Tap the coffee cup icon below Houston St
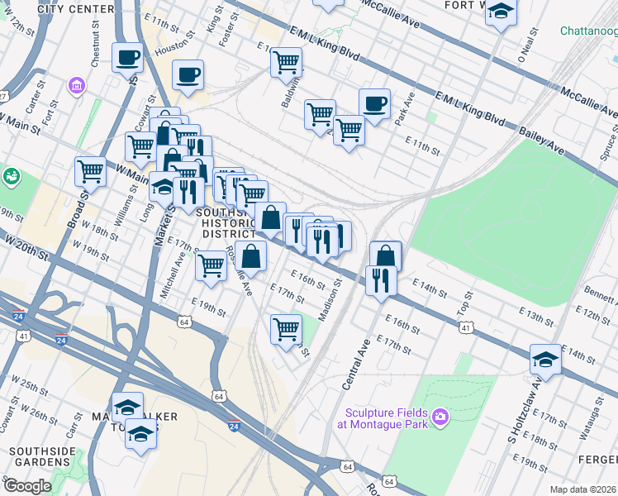(188, 75)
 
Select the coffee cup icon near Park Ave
(374, 104)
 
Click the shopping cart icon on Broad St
(90, 172)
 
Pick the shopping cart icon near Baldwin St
(286, 62)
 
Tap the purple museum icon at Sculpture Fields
(440, 416)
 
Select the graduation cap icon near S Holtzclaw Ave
(544, 359)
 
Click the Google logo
(28, 485)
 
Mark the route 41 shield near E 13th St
(468, 328)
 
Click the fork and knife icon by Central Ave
(381, 280)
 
